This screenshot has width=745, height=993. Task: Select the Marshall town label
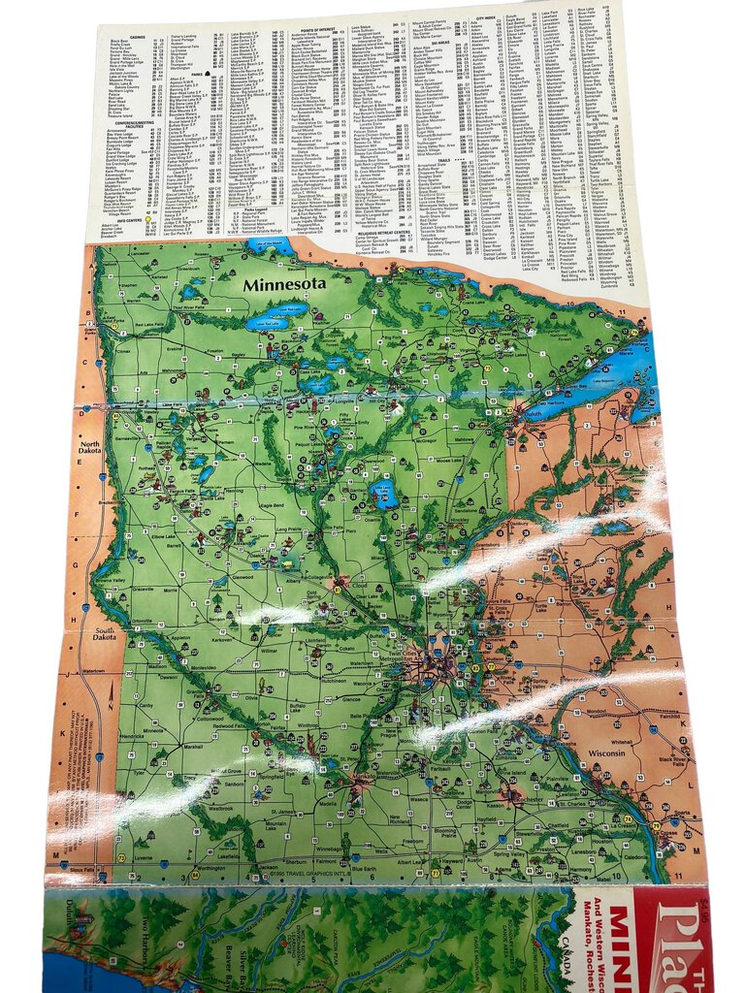click(x=192, y=747)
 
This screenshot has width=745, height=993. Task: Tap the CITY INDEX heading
click(x=485, y=18)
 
